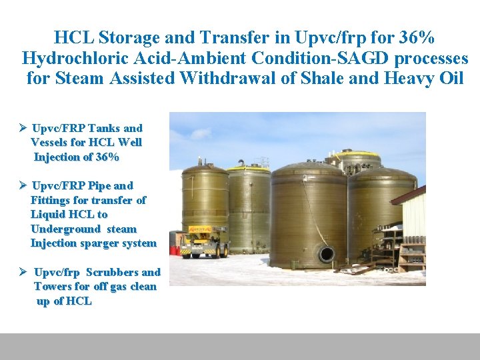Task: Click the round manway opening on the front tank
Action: pos(326,254)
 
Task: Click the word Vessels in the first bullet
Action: pos(49,142)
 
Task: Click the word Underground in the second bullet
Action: pos(61,229)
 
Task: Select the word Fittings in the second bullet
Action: pos(51,200)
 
